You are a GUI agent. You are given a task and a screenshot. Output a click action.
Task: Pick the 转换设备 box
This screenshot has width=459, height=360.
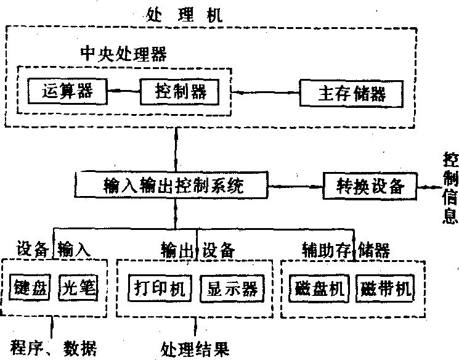click(x=370, y=185)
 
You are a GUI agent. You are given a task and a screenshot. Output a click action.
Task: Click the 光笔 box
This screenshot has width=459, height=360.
click(x=78, y=288)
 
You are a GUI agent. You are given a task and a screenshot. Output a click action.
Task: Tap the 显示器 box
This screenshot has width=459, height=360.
click(x=232, y=288)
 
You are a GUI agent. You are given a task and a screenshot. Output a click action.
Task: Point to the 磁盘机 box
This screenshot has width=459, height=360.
click(x=319, y=288)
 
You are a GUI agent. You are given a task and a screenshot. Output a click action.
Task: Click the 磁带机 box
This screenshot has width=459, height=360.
click(x=385, y=288)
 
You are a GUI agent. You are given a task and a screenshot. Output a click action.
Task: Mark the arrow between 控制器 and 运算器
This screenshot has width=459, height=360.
click(x=124, y=92)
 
